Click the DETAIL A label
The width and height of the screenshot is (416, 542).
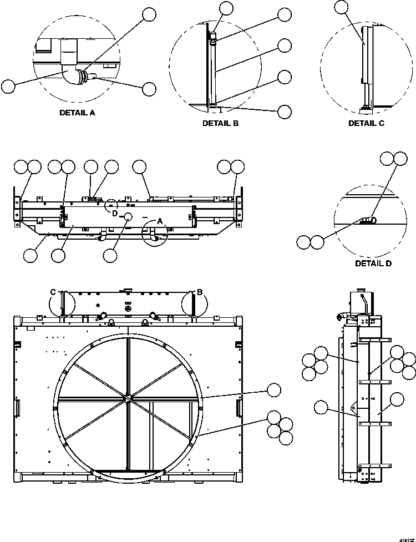77,112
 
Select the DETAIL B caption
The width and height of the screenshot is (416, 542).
220,123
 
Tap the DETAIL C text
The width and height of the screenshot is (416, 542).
366,123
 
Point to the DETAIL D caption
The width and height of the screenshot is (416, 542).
373,264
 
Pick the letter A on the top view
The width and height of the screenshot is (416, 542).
160,220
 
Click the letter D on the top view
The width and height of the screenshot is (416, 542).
114,213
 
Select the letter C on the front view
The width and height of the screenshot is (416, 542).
53,292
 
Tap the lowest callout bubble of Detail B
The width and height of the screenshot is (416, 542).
285,112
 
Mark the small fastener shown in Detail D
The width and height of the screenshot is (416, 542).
366,221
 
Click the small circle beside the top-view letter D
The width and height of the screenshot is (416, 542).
128,216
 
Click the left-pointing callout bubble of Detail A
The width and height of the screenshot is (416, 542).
8,86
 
